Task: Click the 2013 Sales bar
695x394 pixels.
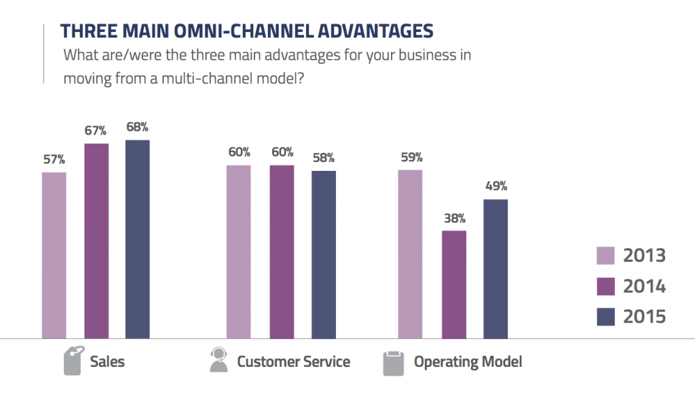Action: click(54, 254)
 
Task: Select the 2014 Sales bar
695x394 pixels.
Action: click(96, 240)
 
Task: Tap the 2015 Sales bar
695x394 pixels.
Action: click(137, 239)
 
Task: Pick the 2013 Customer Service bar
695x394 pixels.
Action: click(238, 251)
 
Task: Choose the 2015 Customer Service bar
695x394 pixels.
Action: click(324, 254)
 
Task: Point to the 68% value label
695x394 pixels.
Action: click(137, 127)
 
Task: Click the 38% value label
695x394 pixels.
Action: click(454, 218)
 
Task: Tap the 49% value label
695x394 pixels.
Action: click(495, 186)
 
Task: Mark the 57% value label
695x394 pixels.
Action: click(54, 159)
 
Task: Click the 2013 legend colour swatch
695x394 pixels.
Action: click(605, 256)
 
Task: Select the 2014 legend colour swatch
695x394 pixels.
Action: click(605, 286)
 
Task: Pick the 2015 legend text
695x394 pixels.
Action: click(645, 317)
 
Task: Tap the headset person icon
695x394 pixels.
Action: click(219, 361)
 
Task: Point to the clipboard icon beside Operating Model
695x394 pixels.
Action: click(394, 362)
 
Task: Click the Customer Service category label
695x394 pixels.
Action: click(293, 361)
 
